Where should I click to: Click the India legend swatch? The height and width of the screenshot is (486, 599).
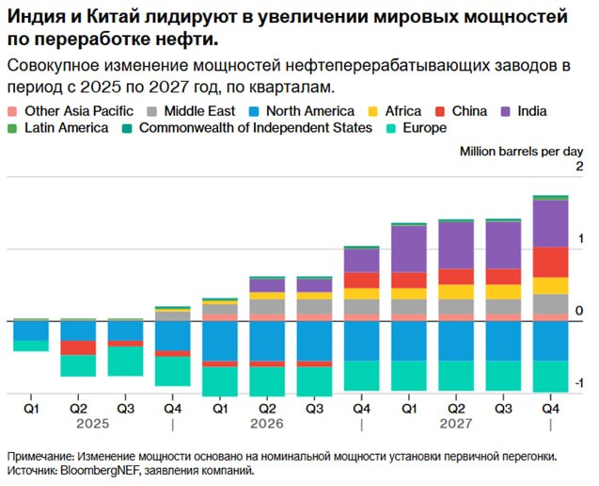coord(505,111)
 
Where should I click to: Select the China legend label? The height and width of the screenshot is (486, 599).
coord(469,111)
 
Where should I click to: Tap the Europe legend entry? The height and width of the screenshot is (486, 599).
coord(417,128)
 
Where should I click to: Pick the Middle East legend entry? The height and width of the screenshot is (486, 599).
coord(191,111)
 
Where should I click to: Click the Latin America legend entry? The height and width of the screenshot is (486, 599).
coord(58,128)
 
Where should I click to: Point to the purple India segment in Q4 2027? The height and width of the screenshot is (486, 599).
coord(550,224)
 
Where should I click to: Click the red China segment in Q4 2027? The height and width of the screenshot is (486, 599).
coord(550,263)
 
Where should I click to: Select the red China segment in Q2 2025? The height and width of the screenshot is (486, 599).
coord(78,348)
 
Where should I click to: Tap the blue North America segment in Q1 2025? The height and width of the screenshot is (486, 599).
coord(31,331)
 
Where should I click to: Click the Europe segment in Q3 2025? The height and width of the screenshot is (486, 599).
coord(125,362)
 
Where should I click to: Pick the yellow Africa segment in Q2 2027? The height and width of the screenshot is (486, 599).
coord(456,292)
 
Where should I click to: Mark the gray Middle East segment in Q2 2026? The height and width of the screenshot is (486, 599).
coord(267,307)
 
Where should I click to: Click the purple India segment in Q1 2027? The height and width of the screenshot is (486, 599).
coord(409,250)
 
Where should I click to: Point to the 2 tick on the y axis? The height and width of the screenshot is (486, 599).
coord(579,167)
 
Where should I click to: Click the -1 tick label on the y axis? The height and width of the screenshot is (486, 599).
coord(578,383)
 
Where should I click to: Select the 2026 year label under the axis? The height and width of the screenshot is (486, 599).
coord(267,424)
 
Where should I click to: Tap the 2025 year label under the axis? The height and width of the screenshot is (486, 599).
coord(93,424)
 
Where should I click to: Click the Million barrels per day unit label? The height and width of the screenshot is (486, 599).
coord(522,152)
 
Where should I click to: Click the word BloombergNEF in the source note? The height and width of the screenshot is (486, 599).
coord(97,470)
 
